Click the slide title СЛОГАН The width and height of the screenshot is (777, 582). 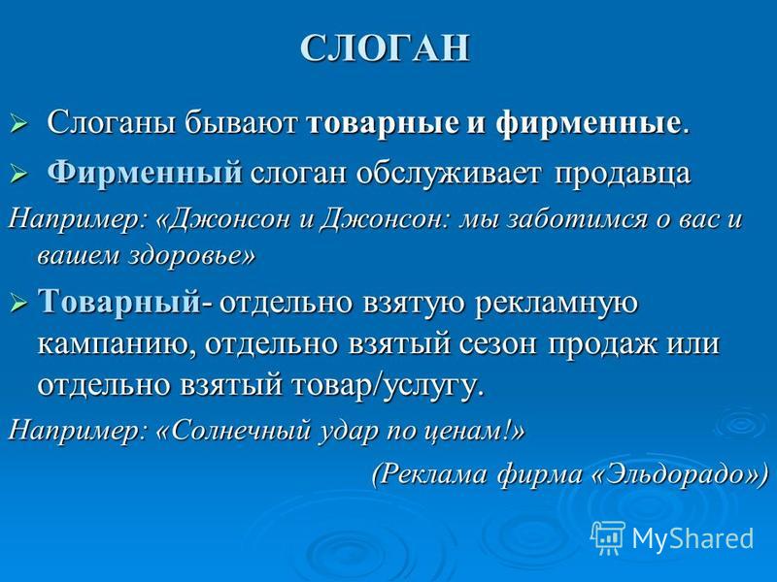(385, 48)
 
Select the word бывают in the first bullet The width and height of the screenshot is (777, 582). (241, 123)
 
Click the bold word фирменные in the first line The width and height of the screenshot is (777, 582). (588, 124)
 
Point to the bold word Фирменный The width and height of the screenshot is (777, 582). (145, 173)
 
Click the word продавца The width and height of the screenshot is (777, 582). (623, 175)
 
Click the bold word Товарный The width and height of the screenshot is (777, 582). (119, 302)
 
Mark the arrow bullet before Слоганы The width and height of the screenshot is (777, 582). (17, 124)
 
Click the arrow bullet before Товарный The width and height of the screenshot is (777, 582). (17, 303)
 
